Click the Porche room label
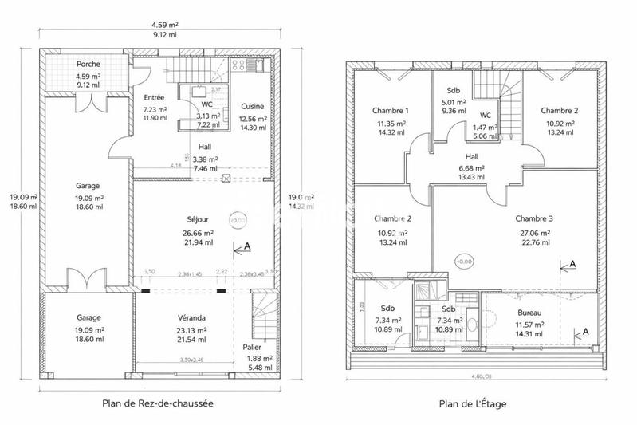coord(88,64)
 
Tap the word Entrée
coord(154,97)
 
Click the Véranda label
coord(192,317)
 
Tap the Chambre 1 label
coord(391,110)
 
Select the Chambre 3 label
coord(534,218)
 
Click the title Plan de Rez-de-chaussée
coord(158,403)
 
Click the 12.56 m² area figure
coord(252,118)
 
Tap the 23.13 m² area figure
coord(192,329)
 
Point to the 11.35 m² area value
coord(391,124)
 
